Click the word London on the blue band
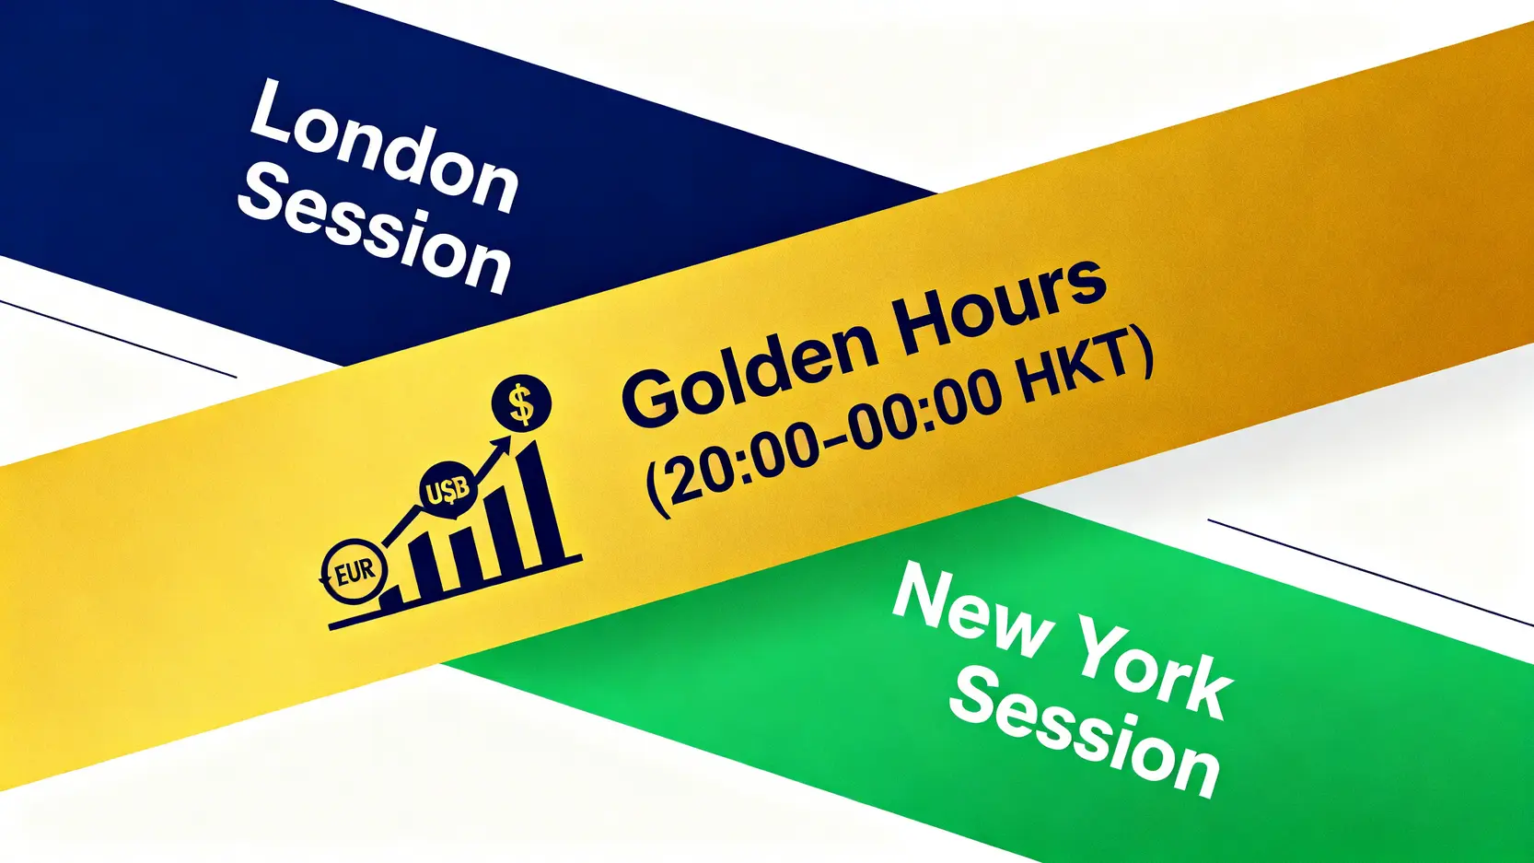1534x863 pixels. point(383,146)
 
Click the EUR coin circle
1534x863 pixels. point(354,571)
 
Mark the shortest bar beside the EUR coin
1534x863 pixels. point(391,597)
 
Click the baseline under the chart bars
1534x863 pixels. point(456,591)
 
